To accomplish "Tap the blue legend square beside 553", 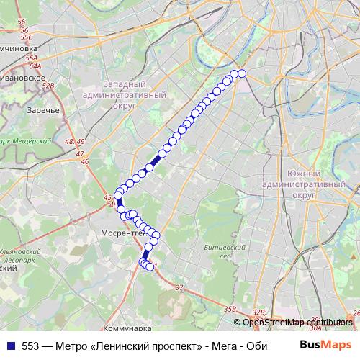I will point(11,346).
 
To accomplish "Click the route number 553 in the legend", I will point(30,346).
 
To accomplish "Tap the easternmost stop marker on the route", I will point(242,73).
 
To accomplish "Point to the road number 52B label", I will point(48,86).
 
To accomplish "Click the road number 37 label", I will point(179,287).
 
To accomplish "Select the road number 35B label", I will point(230,309).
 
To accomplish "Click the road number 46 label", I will point(84,161).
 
